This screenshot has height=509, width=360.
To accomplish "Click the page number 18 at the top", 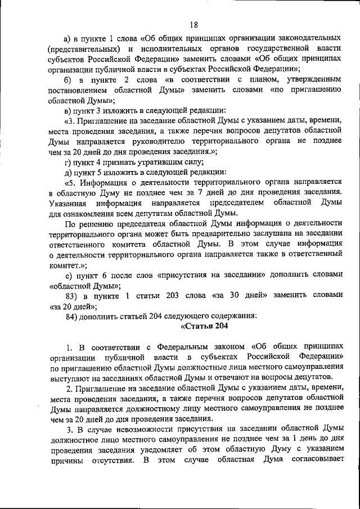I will pos(194,24).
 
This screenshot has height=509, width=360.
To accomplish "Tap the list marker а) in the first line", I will pos(69,38).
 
